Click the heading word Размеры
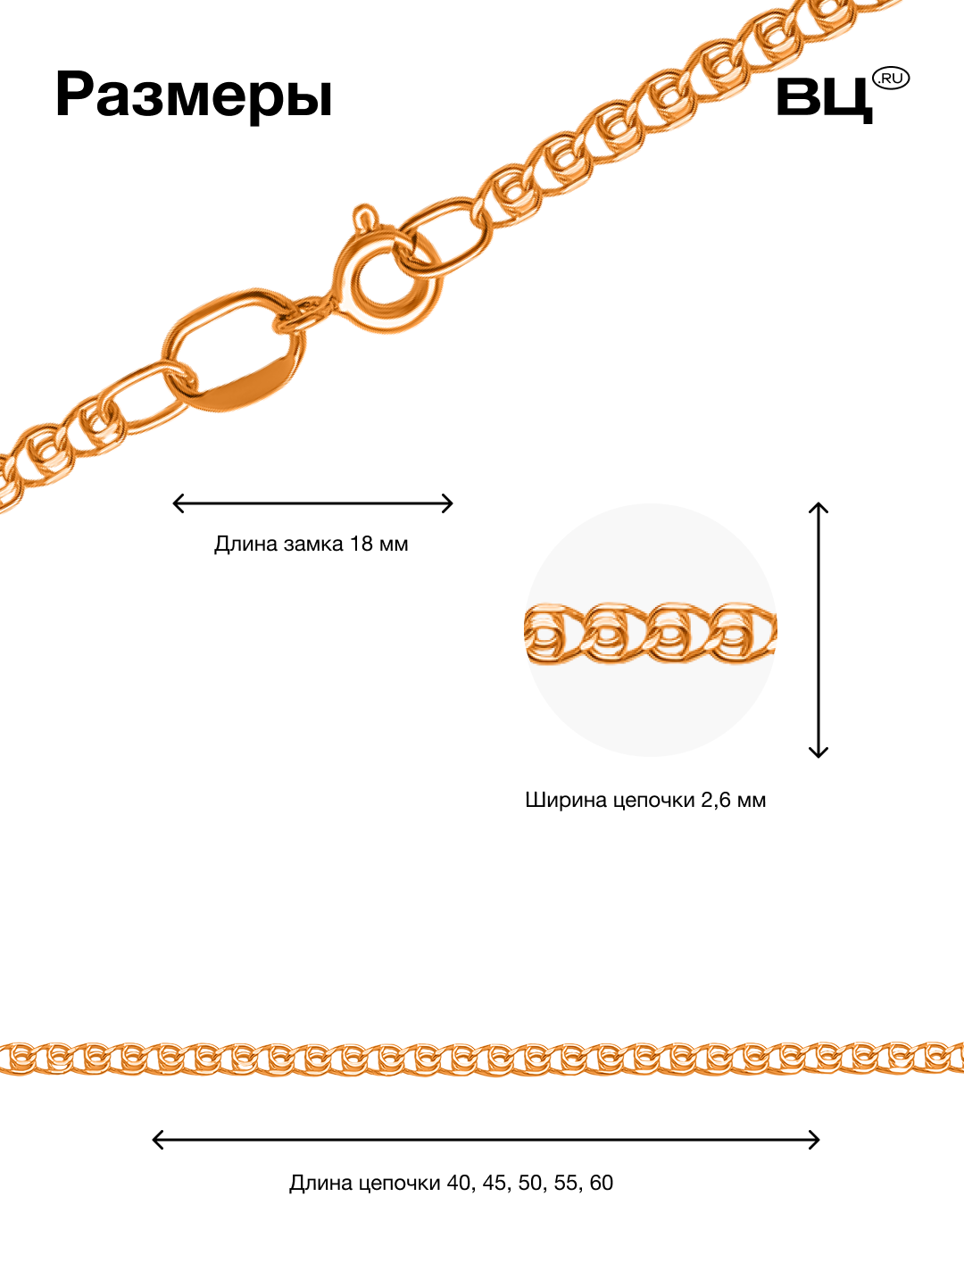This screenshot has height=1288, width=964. [194, 95]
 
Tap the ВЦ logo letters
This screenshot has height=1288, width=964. [823, 97]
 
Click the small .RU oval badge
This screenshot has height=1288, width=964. [891, 79]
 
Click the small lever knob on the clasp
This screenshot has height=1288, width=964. [364, 216]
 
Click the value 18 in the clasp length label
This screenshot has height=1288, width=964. [361, 544]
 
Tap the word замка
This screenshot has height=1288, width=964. [313, 544]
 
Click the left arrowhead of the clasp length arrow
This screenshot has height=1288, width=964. [176, 503]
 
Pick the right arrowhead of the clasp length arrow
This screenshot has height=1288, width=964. [450, 503]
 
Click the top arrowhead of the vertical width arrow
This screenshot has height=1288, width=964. [819, 507]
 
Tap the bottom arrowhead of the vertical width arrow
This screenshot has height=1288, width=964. [819, 753]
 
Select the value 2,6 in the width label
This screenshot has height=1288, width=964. [716, 800]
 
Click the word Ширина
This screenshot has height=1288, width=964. [559, 800]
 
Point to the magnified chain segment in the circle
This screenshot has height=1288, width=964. [650, 634]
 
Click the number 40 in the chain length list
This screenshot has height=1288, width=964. [459, 1183]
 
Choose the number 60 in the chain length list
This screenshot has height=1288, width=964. [602, 1183]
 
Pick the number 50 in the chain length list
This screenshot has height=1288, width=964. [530, 1183]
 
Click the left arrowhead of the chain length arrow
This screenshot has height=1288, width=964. [157, 1140]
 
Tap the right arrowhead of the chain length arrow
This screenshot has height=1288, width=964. [815, 1140]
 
